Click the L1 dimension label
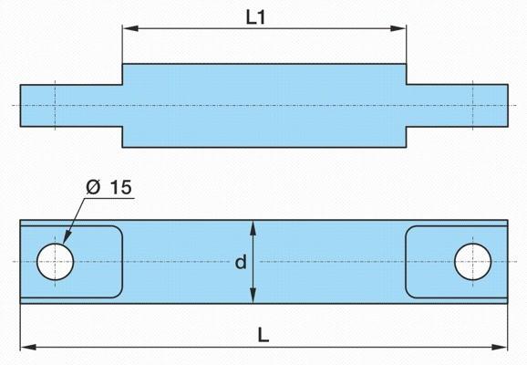click(255, 17)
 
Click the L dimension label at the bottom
click(263, 335)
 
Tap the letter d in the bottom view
click(241, 262)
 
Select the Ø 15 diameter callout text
click(108, 187)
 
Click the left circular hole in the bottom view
click(55, 262)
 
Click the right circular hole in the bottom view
click(472, 262)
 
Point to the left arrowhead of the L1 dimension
click(130, 28)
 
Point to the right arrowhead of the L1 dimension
click(398, 28)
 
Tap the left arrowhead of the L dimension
click(28, 347)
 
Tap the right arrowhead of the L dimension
click(500, 347)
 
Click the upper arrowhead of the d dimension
click(253, 228)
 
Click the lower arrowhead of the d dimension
click(253, 295)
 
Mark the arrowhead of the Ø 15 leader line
click(67, 236)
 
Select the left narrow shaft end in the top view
click(71, 106)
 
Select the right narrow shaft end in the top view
click(457, 106)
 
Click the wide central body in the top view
click(264, 106)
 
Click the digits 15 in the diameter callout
click(121, 187)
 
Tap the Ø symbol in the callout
click(93, 187)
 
